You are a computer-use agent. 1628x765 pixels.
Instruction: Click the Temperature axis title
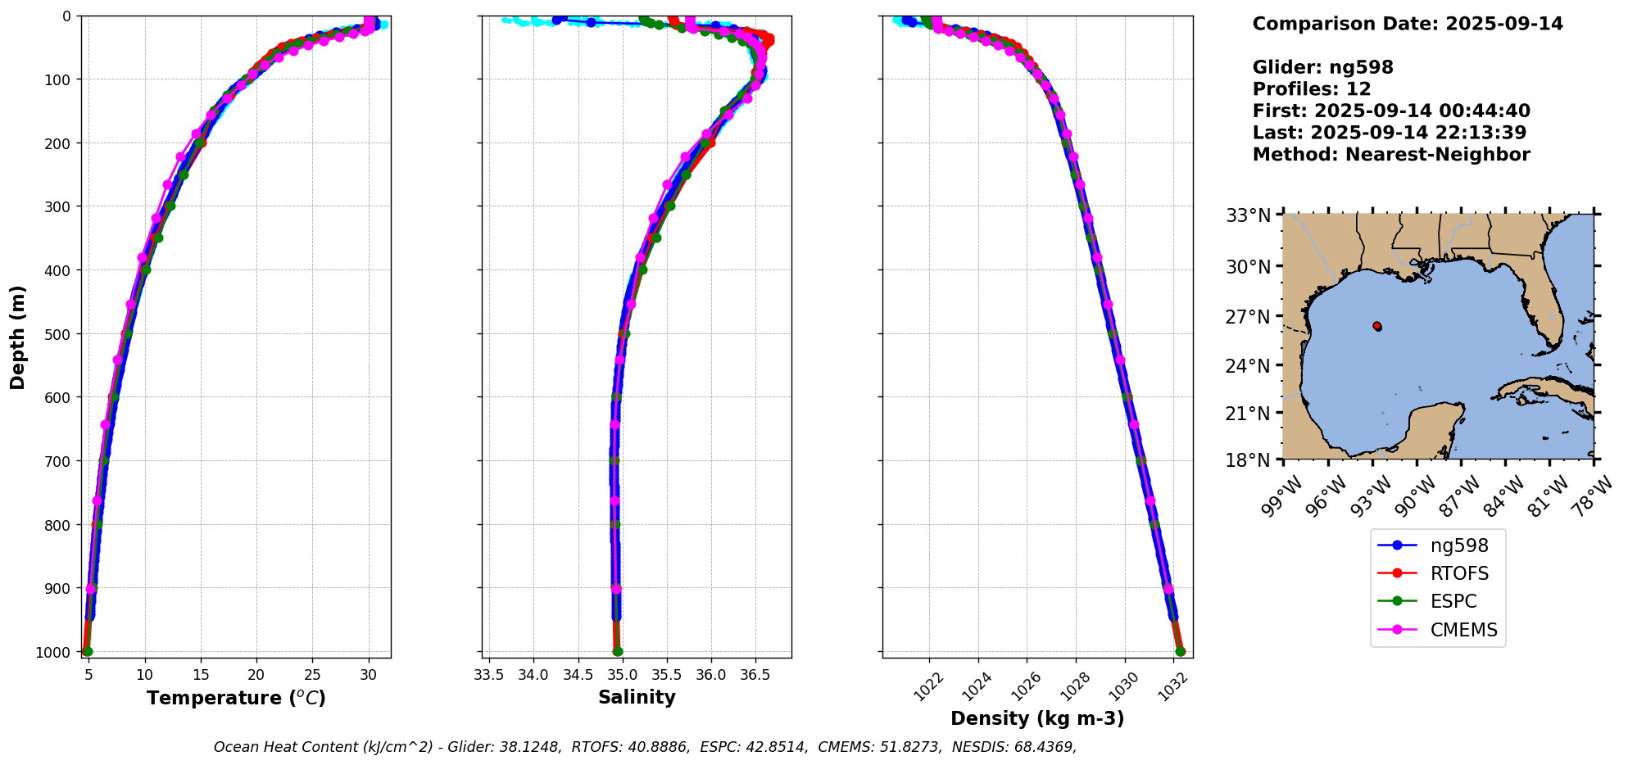point(236,698)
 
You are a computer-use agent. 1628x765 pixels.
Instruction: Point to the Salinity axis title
point(637,698)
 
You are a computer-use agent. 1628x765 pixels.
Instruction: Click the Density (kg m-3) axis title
point(1037,718)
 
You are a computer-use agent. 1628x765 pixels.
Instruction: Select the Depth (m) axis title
point(18,337)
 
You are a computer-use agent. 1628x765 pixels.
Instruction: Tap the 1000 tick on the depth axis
point(53,652)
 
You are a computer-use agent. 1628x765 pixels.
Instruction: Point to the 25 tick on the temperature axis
point(312,675)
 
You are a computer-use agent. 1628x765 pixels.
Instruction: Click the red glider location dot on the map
point(1377,326)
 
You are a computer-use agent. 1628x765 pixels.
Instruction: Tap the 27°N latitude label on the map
point(1248,316)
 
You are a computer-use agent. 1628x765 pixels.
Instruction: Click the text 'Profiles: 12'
point(1312,89)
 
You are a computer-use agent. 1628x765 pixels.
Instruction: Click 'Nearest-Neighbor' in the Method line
point(1437,155)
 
